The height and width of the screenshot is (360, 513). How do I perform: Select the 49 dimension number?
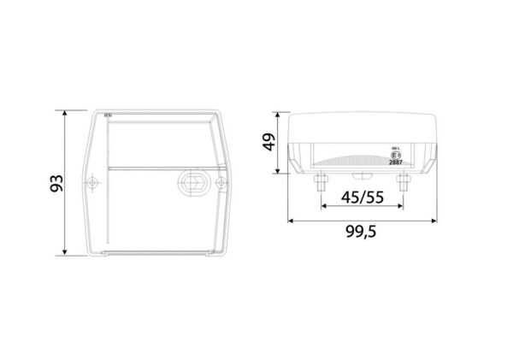268,142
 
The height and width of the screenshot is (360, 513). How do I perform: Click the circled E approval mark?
394,155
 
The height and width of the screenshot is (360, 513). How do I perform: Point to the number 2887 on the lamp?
394,162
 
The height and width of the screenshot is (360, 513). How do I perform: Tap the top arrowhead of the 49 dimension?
279,115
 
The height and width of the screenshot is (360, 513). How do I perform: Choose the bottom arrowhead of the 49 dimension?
279,170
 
